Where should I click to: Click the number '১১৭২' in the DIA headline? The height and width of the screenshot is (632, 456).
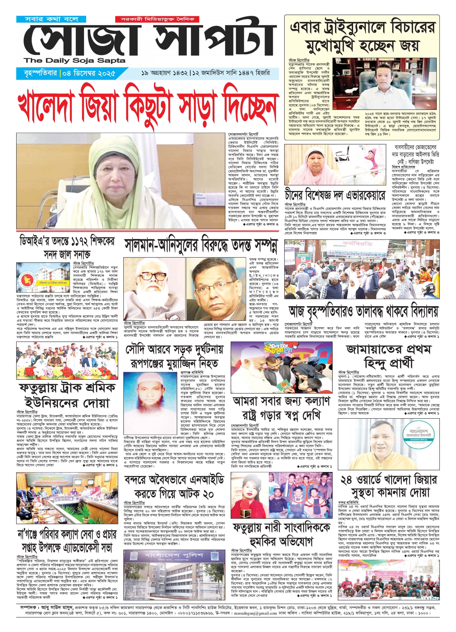coord(82,242)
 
